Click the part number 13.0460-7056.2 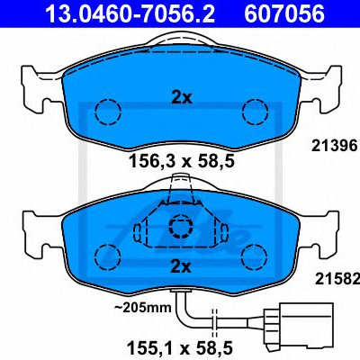coord(130,13)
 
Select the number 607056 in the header coord(284,13)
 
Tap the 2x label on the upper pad coord(182,98)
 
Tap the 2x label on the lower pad coord(181,266)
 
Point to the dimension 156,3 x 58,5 coord(181,162)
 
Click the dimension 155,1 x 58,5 coord(180,348)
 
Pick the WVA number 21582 coord(337,279)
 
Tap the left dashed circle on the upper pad coord(108,112)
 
